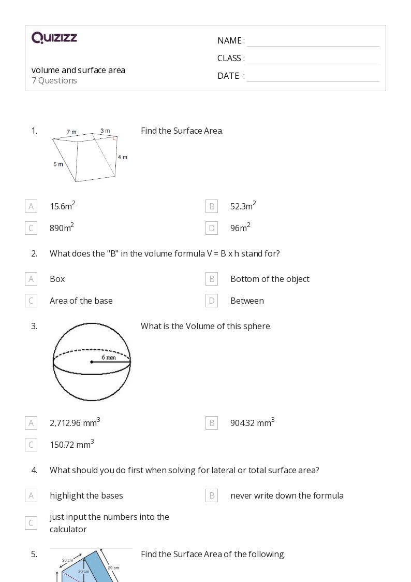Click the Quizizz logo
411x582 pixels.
point(54,38)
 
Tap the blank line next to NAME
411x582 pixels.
point(313,41)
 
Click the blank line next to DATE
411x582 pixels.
point(313,76)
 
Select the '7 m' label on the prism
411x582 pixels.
point(71,132)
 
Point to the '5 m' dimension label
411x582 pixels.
point(58,164)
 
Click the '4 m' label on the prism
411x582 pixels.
point(122,157)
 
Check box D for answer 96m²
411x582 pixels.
point(212,228)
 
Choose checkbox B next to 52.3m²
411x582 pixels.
point(212,206)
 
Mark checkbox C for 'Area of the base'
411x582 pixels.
point(31,301)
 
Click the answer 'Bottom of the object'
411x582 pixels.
point(270,279)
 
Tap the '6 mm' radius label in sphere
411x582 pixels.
point(109,357)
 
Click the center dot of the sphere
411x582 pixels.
point(92,362)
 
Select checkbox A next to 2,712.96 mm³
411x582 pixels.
point(31,423)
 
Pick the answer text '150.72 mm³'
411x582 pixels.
point(71,444)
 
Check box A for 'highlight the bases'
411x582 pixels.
point(31,495)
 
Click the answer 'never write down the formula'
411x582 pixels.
point(287,495)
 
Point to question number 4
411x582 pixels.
point(34,470)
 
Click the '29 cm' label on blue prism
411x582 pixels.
point(113,568)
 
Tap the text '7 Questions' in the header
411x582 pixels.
point(54,80)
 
